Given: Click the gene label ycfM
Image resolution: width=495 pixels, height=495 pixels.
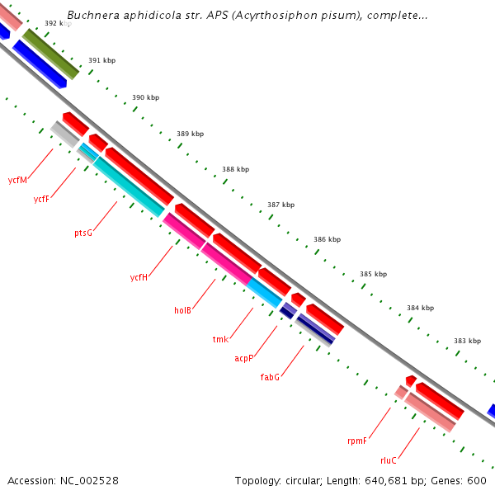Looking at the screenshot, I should (17, 180).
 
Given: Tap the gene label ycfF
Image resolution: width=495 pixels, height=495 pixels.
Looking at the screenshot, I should (41, 199).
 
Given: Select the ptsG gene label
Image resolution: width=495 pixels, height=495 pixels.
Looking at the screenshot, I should (83, 233).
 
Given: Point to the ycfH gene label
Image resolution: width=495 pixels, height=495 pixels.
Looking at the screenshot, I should (139, 277).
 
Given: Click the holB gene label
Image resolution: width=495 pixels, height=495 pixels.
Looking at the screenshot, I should (182, 310).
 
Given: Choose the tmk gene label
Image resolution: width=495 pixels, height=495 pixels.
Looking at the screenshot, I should (220, 339).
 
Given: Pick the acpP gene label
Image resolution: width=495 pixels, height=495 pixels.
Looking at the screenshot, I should (243, 358).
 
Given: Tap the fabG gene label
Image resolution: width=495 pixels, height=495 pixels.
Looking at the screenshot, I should (270, 377).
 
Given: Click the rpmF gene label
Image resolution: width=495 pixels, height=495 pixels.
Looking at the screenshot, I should (356, 441).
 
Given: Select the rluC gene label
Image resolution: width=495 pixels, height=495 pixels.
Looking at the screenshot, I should (389, 460).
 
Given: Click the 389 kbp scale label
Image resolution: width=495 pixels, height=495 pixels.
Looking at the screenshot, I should (190, 134).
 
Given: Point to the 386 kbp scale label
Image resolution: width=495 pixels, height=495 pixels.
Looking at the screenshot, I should (327, 239).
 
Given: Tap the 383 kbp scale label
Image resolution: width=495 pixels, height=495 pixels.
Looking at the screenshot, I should (467, 341).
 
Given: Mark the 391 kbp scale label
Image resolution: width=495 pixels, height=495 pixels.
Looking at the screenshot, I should (101, 61).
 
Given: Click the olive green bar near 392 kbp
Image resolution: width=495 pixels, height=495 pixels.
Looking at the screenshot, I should (50, 54).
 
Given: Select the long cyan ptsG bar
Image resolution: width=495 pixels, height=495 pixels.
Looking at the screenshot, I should (128, 186).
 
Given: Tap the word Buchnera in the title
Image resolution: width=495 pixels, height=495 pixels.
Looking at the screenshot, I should (91, 16).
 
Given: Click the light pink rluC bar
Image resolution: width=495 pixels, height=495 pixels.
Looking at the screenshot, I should (429, 412).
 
